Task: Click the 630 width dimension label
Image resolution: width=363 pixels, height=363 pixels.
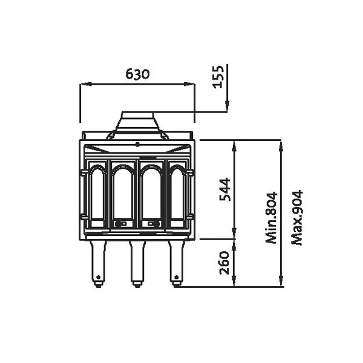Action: point(138,74)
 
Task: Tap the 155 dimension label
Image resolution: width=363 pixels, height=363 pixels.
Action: point(218,77)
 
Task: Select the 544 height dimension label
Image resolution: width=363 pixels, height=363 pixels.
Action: point(225,189)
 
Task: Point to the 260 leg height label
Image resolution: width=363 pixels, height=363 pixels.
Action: point(224,263)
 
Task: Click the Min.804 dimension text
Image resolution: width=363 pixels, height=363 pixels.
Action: point(271,218)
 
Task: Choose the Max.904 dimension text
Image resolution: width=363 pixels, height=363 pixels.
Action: point(297,218)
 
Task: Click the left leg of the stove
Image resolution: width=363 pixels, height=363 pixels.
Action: point(98,264)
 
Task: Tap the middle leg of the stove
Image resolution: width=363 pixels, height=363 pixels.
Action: point(137,264)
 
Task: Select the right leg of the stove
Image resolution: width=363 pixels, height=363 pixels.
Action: point(177,264)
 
